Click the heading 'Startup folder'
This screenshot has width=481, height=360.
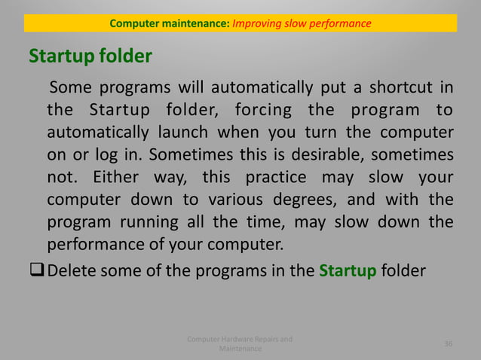tap(90, 56)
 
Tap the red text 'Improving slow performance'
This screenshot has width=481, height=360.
tap(302, 23)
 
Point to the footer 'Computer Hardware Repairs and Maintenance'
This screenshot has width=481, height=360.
tap(240, 344)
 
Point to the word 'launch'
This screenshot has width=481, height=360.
tap(185, 133)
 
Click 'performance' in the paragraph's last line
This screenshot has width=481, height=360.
tap(94, 246)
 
